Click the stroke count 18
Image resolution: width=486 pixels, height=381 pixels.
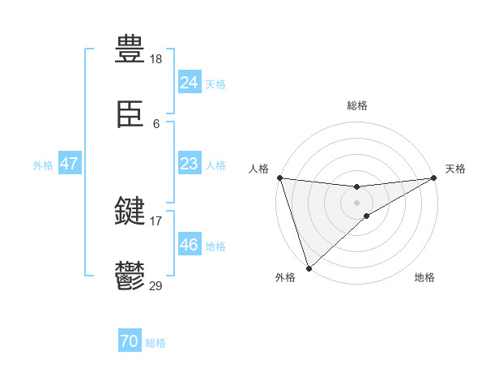click(156, 59)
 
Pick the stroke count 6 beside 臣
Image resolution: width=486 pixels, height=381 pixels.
click(156, 124)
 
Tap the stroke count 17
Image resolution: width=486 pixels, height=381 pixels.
click(156, 220)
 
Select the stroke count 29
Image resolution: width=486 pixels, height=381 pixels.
click(156, 285)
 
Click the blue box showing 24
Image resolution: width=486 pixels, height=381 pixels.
click(189, 83)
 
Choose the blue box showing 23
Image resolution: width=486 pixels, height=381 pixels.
click(189, 164)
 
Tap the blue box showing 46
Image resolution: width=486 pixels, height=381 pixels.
click(189, 245)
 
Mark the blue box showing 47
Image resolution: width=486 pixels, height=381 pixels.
click(70, 164)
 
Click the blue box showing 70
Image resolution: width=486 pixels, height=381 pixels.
click(130, 342)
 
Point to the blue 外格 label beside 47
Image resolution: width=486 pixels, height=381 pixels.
click(43, 165)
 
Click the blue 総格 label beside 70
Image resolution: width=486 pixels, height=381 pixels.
click(156, 344)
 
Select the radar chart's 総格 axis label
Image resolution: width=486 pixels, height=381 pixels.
click(357, 105)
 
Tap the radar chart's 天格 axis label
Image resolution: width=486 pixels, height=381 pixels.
click(455, 169)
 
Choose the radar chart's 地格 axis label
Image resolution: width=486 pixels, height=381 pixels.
click(424, 278)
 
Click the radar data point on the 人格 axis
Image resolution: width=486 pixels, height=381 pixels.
click(279, 178)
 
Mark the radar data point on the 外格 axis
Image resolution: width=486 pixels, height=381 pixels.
click(309, 268)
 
